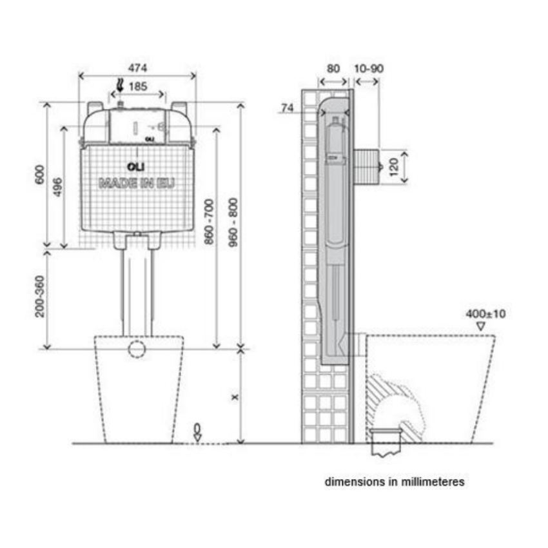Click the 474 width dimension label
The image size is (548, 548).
138,68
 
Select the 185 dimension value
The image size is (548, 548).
138,86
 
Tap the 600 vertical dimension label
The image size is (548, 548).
40,175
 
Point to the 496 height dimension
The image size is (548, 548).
57,187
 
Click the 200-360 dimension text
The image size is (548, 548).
40,297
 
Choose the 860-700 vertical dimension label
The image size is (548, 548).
209,222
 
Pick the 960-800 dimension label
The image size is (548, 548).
233,222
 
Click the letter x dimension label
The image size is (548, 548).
235,397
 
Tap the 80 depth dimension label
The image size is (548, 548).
333,68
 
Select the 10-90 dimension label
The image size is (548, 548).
369,68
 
